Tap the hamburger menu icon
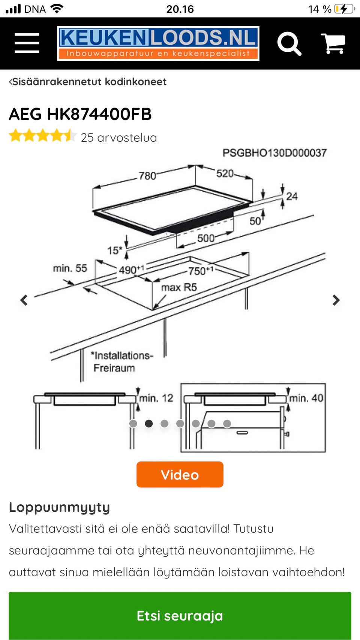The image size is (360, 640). [27, 43]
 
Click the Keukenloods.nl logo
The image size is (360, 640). [158, 43]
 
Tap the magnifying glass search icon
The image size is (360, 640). [289, 44]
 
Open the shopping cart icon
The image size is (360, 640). [333, 43]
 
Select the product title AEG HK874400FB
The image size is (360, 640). [80, 114]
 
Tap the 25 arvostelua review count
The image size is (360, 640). [118, 138]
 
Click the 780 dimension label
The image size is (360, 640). [147, 175]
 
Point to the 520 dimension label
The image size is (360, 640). [225, 174]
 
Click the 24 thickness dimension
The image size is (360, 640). [292, 196]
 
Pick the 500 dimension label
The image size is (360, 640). [206, 238]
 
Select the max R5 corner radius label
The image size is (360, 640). [179, 287]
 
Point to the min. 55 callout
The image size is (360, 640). [70, 268]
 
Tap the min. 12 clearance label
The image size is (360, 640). [156, 398]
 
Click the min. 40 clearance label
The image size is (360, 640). [306, 398]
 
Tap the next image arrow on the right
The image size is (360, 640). [336, 300]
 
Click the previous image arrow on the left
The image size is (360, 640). [24, 300]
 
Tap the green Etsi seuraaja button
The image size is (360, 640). [180, 615]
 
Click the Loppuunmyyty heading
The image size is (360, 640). [59, 507]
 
